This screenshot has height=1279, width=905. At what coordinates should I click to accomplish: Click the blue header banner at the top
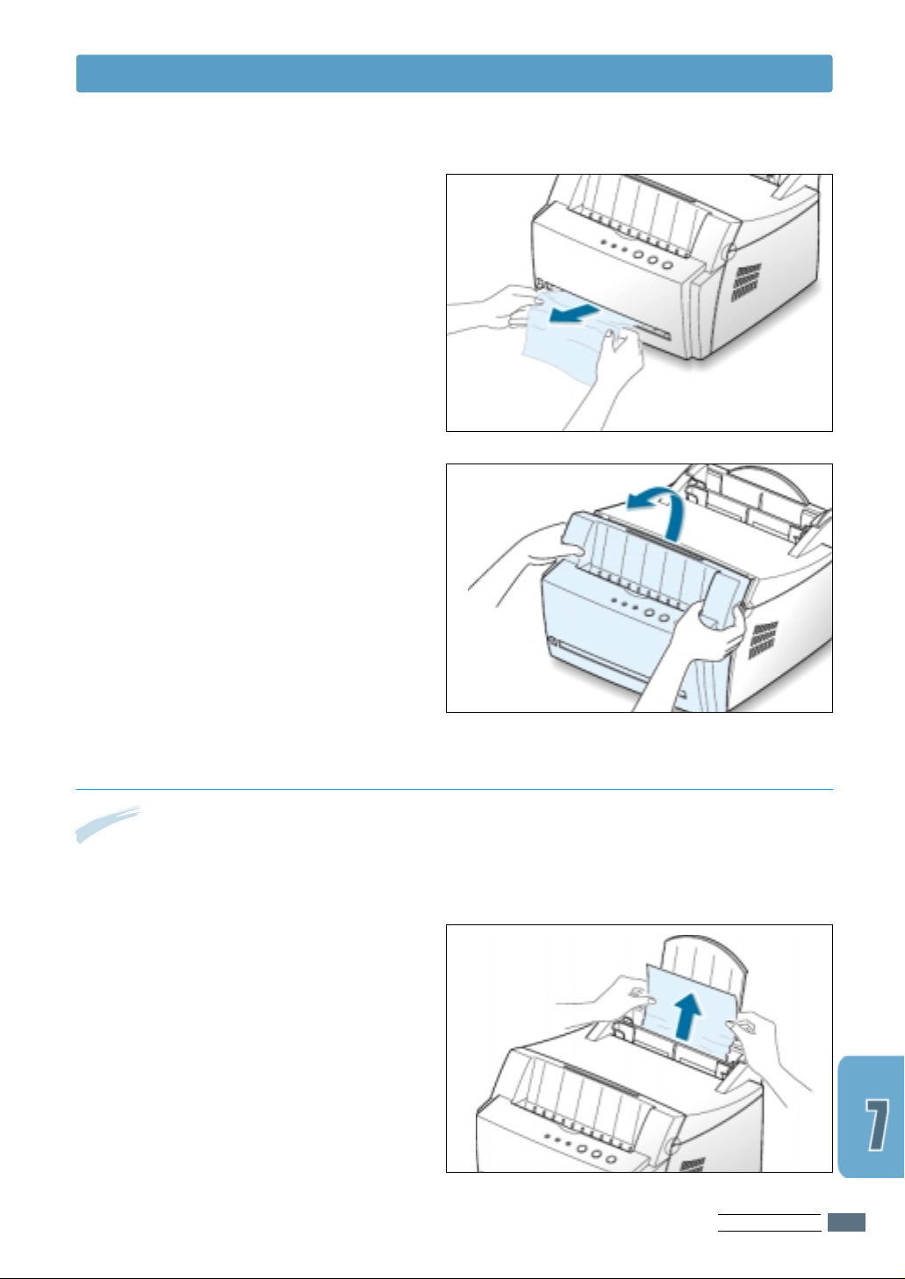(x=454, y=74)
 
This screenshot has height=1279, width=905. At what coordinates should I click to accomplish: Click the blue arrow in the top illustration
(x=574, y=313)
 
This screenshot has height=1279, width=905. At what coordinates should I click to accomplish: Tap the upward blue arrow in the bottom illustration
(x=687, y=1016)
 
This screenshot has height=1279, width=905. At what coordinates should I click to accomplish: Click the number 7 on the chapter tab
(x=876, y=1125)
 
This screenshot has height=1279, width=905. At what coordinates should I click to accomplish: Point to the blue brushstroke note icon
(x=108, y=823)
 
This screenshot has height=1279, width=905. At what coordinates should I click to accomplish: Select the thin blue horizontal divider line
(x=454, y=790)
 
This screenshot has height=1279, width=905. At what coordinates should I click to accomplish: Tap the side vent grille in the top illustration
(x=746, y=283)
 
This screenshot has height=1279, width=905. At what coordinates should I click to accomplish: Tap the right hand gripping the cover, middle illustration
(x=693, y=657)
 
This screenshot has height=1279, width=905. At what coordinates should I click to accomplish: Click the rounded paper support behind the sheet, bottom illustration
(x=702, y=965)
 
